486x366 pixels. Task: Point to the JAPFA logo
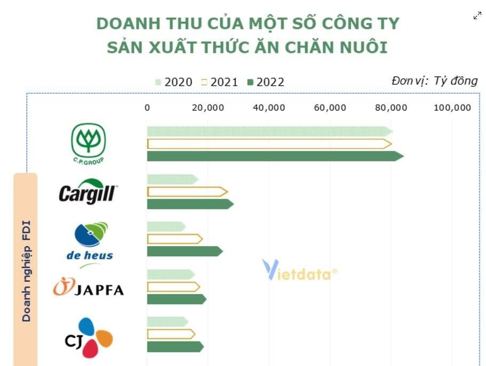pyautogui.click(x=89, y=288)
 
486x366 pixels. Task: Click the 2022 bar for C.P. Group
pyautogui.click(x=275, y=156)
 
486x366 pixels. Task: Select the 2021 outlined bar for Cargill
pyautogui.click(x=187, y=192)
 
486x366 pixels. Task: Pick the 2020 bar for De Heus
pyautogui.click(x=166, y=227)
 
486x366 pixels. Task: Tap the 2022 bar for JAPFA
pyautogui.click(x=176, y=299)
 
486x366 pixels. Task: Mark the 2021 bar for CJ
pyautogui.click(x=171, y=334)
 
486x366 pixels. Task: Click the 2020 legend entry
pyautogui.click(x=174, y=82)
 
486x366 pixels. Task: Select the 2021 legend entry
pyautogui.click(x=220, y=82)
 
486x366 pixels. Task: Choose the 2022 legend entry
pyautogui.click(x=266, y=82)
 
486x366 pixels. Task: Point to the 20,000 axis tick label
pyautogui.click(x=208, y=108)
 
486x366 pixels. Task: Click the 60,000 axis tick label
pyautogui.click(x=330, y=108)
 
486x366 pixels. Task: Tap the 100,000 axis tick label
pyautogui.click(x=452, y=108)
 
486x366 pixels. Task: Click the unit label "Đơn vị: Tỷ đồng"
pyautogui.click(x=434, y=81)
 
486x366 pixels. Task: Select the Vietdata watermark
pyautogui.click(x=299, y=271)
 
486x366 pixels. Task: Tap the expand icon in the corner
pyautogui.click(x=477, y=16)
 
